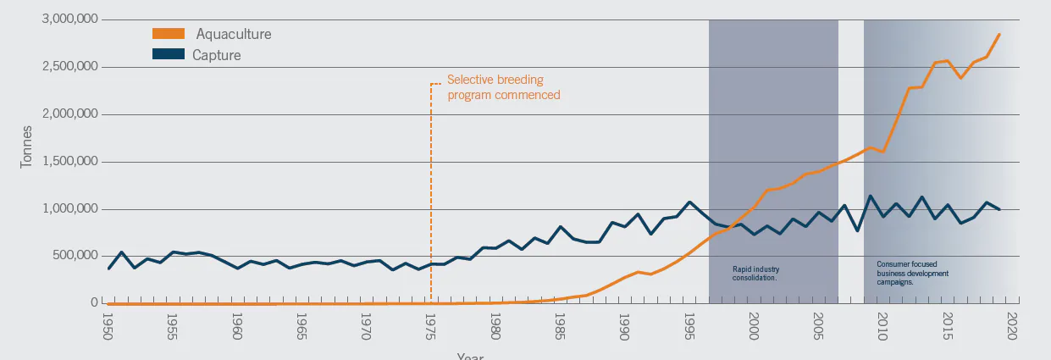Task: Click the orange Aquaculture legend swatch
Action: [169, 34]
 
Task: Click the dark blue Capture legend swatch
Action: [169, 55]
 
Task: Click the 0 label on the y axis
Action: [96, 303]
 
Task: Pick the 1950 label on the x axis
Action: [108, 326]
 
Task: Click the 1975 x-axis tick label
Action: [430, 326]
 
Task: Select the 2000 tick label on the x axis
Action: [753, 326]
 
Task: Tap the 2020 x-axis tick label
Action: [1011, 326]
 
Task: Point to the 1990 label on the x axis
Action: [624, 326]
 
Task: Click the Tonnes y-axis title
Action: [26, 147]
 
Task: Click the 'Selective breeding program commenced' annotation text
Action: [503, 87]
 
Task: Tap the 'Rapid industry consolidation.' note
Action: [755, 273]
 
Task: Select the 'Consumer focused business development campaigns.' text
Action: [912, 273]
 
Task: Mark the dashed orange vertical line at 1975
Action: [431, 195]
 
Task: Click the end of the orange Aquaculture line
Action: [999, 34]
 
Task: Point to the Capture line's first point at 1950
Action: [108, 269]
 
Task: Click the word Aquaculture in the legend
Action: [234, 34]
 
